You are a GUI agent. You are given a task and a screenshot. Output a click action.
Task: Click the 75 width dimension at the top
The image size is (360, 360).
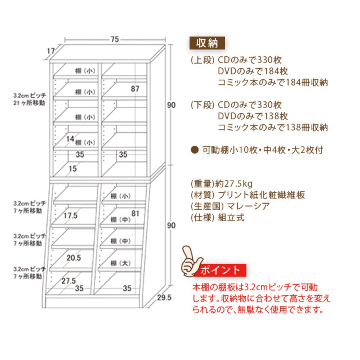click(x=115, y=39)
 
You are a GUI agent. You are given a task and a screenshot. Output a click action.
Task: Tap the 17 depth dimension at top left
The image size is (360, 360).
click(x=51, y=51)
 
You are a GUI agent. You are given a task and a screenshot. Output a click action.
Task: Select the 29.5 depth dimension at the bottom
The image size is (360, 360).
click(x=164, y=298)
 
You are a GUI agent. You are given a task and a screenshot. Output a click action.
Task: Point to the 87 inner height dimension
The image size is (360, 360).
click(x=135, y=89)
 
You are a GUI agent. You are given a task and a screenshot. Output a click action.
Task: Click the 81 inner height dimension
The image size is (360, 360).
click(x=135, y=213)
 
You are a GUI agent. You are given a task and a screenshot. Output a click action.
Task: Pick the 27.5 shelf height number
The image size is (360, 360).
click(x=69, y=281)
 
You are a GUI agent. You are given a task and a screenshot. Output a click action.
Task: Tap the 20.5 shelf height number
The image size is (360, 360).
click(x=74, y=258)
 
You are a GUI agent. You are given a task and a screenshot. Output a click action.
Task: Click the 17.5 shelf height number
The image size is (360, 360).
click(x=70, y=216)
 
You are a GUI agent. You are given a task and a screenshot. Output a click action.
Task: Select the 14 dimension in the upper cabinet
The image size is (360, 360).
click(x=70, y=139)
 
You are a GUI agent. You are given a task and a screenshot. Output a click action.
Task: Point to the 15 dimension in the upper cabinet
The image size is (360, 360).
click(x=73, y=168)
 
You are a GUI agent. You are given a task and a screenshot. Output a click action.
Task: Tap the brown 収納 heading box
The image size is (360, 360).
click(x=207, y=43)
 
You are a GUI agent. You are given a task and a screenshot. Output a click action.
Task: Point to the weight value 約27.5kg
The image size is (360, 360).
click(x=234, y=184)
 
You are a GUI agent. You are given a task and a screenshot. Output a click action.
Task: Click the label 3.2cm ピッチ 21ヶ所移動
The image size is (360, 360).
click(x=29, y=99)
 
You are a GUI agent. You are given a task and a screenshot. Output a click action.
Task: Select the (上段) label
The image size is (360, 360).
click(x=202, y=60)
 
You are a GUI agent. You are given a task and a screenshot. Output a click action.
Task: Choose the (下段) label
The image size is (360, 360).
click(x=202, y=105)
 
